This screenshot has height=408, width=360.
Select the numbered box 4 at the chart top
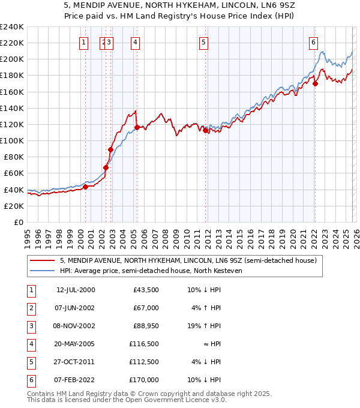point(136,42)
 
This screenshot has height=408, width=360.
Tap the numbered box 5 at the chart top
point(204,42)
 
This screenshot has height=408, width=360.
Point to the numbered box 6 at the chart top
point(313,42)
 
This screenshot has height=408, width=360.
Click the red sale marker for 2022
point(315,83)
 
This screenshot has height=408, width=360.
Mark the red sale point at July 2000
point(85,187)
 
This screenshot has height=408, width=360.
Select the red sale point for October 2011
point(205,130)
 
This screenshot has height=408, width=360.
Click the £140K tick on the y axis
point(12,108)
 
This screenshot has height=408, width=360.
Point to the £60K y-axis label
point(14,173)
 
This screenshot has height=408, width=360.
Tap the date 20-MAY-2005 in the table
point(76,344)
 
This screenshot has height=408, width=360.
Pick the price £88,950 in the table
point(146,326)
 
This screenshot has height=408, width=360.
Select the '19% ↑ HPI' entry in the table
point(205,326)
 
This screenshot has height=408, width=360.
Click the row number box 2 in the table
point(30,308)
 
